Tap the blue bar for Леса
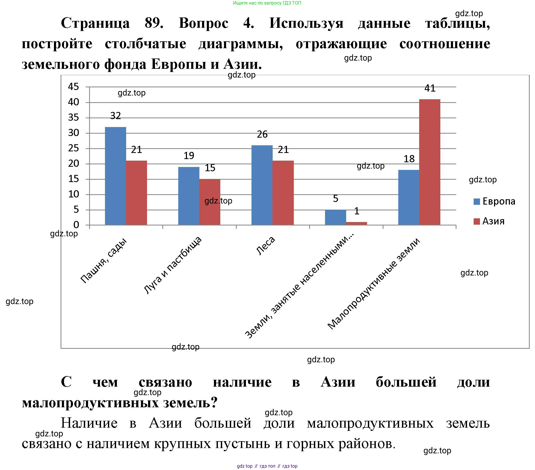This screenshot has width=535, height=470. tap(262, 185)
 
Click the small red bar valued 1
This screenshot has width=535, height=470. tap(356, 223)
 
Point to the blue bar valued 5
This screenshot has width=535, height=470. tap(335, 217)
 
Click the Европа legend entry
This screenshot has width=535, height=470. tap(494, 201)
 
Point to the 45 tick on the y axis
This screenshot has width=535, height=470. tap(74, 87)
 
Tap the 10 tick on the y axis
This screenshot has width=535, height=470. tap(74, 194)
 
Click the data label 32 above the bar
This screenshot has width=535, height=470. tap(116, 116)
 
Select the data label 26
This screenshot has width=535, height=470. tap(262, 134)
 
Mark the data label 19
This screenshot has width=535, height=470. tap(189, 156)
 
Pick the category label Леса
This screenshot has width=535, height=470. tap(266, 246)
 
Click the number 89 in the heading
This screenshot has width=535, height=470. tap(154, 23)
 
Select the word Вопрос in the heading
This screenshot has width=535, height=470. tap(203, 23)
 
